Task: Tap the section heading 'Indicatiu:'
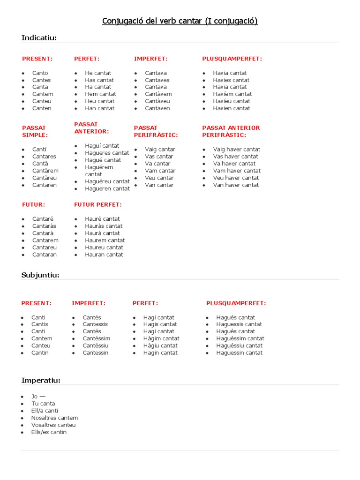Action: (39, 37)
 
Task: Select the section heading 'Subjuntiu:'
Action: (40, 275)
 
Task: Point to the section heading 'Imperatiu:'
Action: (41, 380)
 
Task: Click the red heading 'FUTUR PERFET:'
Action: (97, 204)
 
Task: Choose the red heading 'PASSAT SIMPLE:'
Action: (35, 131)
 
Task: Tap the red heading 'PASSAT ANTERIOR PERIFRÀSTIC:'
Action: (231, 131)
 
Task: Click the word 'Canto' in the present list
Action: (40, 73)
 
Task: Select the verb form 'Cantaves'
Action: (157, 80)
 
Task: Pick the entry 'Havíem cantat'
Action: (232, 94)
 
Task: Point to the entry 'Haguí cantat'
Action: (102, 146)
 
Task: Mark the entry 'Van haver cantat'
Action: (236, 185)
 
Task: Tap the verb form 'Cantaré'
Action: (43, 219)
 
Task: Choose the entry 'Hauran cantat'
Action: (104, 255)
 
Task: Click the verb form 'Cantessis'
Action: (95, 324)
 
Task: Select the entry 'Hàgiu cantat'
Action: (160, 345)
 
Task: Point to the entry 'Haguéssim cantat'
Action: (240, 338)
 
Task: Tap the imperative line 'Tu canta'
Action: (43, 404)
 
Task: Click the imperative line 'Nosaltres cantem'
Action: (54, 418)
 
